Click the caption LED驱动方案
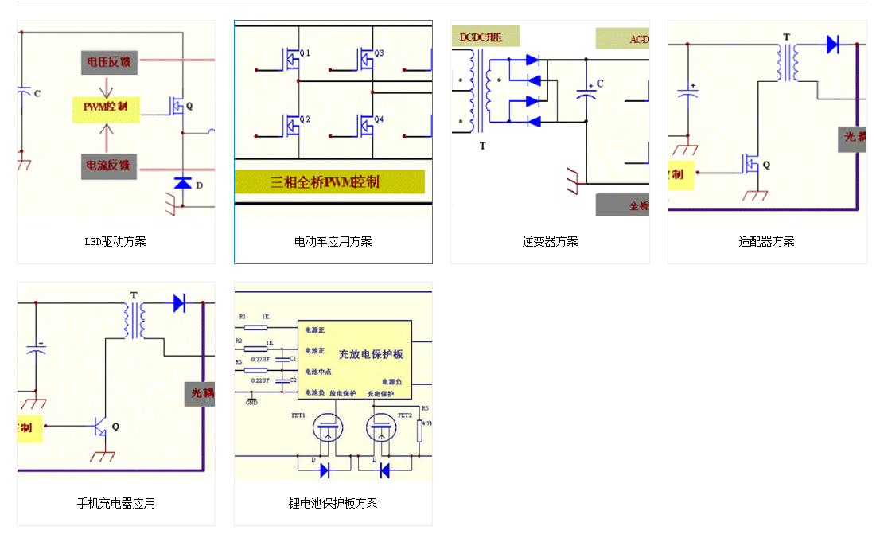tap(115, 241)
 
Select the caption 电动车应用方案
tap(333, 241)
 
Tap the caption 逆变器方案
tap(550, 241)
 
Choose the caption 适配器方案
tap(766, 241)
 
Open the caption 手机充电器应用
tap(115, 503)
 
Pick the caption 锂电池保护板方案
tap(333, 503)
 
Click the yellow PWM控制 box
tap(106, 107)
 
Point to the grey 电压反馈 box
tap(109, 62)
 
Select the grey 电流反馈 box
tap(109, 166)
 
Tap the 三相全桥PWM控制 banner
tap(329, 181)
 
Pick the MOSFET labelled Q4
tap(365, 125)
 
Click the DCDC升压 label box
tap(486, 37)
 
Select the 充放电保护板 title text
tap(371, 354)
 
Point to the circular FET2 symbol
tap(382, 430)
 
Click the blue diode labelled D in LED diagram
tap(183, 184)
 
